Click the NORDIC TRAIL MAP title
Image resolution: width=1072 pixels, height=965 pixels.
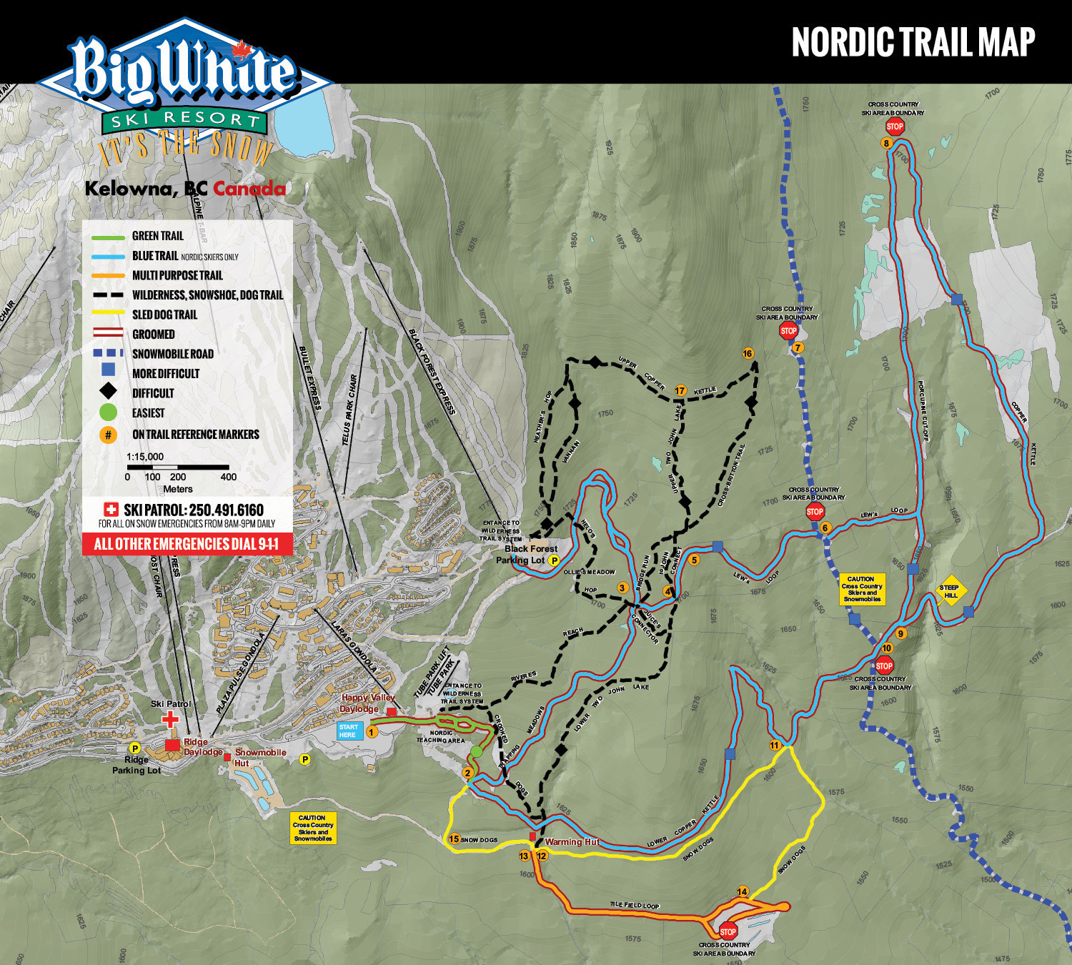coord(913,42)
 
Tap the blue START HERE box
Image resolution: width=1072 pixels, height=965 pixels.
coord(348,731)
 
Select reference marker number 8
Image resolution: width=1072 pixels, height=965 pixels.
coord(886,143)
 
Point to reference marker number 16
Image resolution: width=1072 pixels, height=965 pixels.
coord(748,353)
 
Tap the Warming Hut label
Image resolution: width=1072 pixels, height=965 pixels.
coord(572,841)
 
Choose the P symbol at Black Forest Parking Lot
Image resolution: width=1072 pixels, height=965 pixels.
coord(553,560)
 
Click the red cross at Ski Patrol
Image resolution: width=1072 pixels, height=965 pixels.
coord(170,718)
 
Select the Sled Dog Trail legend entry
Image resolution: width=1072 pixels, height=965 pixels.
coord(164,315)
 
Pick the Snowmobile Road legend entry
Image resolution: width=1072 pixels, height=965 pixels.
coord(172,354)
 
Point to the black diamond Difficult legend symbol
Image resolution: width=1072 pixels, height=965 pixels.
coord(108,391)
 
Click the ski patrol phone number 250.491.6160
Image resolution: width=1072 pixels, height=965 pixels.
coord(226,510)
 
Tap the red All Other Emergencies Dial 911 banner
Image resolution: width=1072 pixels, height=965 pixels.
coord(187,544)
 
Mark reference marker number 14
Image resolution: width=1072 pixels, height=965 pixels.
coord(743,891)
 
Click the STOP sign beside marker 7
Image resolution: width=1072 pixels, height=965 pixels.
coord(788,330)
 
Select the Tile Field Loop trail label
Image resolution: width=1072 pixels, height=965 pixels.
coord(634,905)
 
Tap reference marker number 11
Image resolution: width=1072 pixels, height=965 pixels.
coord(775,745)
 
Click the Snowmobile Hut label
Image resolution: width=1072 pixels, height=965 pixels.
coord(259,757)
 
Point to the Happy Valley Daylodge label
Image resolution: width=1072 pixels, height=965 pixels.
coord(367,703)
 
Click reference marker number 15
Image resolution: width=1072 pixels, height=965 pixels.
coord(454,839)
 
